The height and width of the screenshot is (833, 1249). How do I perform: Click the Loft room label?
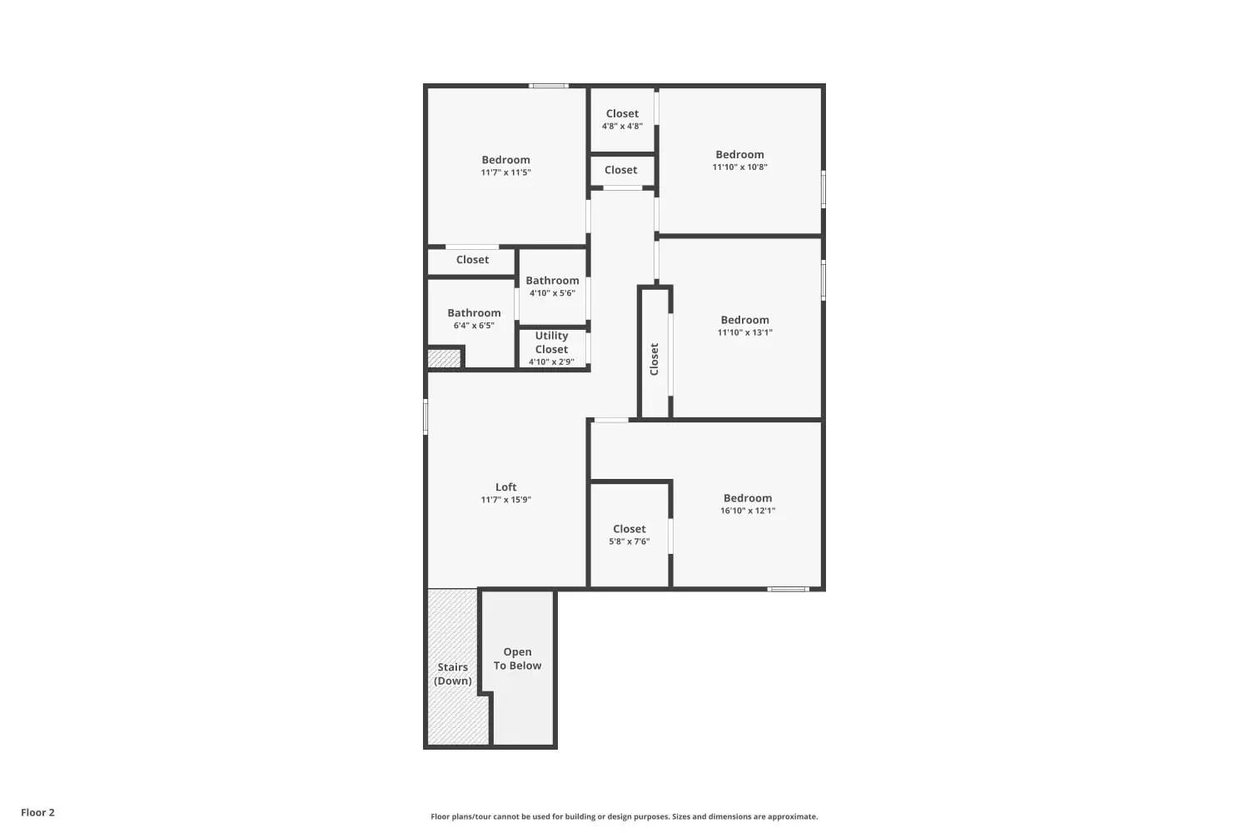coord(505,487)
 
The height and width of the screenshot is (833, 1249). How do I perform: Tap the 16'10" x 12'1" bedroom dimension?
coord(748,511)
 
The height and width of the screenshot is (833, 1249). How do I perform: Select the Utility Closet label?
coord(551,342)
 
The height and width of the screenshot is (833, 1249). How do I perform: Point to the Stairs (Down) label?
coord(453,674)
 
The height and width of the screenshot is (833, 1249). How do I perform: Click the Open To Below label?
coord(517,659)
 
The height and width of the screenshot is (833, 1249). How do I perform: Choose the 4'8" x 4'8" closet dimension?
coord(622,127)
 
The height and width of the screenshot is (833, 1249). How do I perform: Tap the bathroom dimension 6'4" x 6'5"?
coord(474,326)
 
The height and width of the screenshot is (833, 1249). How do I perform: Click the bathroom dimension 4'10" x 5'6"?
coord(552,293)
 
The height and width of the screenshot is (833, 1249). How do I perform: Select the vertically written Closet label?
coord(654,359)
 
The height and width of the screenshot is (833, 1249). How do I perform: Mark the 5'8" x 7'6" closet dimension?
coord(629,541)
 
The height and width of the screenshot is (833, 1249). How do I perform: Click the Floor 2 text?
coord(37,812)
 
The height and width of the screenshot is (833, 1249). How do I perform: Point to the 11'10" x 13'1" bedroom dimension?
coord(744,332)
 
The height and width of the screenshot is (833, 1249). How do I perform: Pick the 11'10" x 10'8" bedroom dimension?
coord(739,167)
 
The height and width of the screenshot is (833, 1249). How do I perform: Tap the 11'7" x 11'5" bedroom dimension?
coord(505,172)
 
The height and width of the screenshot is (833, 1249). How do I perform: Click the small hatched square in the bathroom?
coord(444,358)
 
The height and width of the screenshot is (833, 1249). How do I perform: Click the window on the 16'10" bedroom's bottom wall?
coord(788,589)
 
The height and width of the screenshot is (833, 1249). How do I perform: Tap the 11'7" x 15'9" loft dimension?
coord(505,500)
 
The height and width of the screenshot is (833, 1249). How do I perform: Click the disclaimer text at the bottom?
coord(624,816)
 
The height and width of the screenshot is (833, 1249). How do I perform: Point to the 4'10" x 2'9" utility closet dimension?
coord(551,362)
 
